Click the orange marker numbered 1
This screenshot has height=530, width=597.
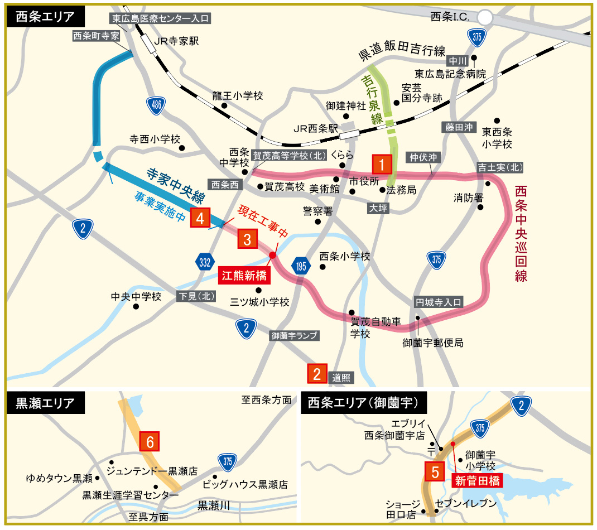pyautogui.click(x=382, y=165)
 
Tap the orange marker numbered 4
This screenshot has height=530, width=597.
pyautogui.click(x=200, y=218)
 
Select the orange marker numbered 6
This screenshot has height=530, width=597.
pyautogui.click(x=150, y=442)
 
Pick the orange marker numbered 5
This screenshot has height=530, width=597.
pyautogui.click(x=435, y=471)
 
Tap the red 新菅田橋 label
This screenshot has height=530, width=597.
pyautogui.click(x=476, y=480)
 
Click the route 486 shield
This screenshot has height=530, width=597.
pyautogui.click(x=156, y=105)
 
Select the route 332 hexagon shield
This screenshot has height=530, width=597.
pyautogui.click(x=204, y=262)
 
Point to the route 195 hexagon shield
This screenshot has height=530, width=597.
pyautogui.click(x=301, y=266)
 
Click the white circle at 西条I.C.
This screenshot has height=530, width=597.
pyautogui.click(x=485, y=18)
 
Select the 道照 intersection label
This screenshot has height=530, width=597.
pyautogui.click(x=341, y=377)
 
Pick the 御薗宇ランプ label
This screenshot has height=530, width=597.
pyautogui.click(x=294, y=336)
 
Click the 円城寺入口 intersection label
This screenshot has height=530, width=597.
pyautogui.click(x=439, y=302)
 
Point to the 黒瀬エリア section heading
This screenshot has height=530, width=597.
pyautogui.click(x=45, y=403)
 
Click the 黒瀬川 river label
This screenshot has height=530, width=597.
pyautogui.click(x=214, y=505)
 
